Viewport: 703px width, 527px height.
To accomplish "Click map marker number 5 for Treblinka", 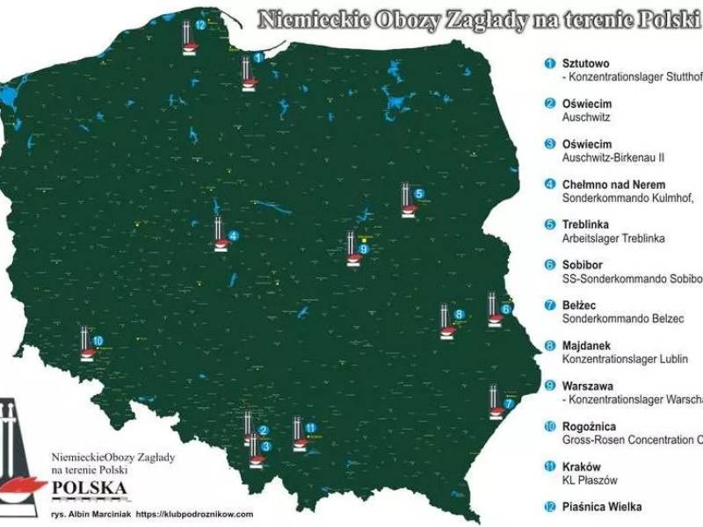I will [x=419, y=194].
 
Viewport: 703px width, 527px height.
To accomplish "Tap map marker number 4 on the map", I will [x=233, y=235].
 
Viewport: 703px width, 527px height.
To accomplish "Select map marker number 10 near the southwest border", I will [x=98, y=340].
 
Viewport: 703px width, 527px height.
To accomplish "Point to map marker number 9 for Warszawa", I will [x=364, y=249].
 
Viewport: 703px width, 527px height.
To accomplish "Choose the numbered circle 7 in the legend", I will [x=549, y=305].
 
